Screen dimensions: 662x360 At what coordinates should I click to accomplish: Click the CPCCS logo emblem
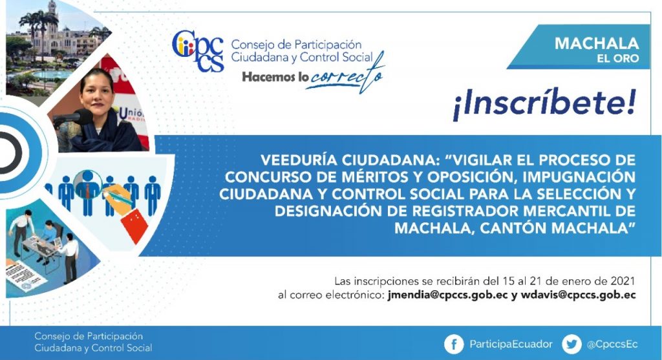[x=198, y=51]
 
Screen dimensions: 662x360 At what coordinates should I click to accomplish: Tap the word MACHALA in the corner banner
[x=596, y=43]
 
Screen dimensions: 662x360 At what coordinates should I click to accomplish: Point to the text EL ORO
[x=617, y=58]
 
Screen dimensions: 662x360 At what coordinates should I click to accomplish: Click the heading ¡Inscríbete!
[x=544, y=104]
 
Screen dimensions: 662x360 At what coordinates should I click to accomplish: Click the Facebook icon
[x=454, y=344]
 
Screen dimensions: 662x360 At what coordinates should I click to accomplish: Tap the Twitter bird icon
[x=571, y=344]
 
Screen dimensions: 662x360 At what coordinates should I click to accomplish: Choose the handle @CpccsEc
[x=612, y=344]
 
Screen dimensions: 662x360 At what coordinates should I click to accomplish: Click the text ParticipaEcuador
[x=511, y=344]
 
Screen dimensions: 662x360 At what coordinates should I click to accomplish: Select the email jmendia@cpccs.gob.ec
[x=447, y=295]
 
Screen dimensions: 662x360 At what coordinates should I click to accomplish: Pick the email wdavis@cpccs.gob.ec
[x=578, y=295]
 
